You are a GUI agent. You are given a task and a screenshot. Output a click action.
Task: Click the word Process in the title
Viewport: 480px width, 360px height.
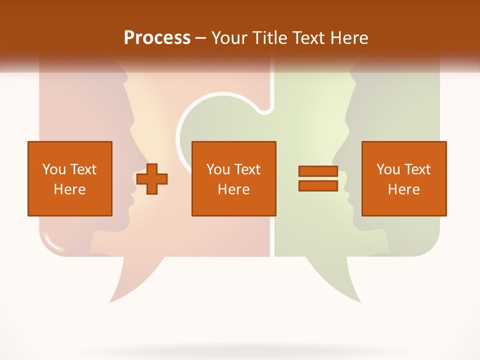157,38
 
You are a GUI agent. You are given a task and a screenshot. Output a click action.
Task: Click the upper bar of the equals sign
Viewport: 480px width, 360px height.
318,171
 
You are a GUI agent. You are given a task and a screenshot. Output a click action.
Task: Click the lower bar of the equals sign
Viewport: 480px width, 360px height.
318,186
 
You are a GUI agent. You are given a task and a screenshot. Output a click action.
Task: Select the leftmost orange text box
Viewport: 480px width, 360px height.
69,178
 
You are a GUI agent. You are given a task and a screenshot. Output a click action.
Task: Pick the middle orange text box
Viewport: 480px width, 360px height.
233,178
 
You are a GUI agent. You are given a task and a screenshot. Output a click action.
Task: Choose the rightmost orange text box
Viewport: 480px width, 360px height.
403,178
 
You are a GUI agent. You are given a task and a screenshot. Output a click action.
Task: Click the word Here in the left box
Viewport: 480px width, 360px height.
69,189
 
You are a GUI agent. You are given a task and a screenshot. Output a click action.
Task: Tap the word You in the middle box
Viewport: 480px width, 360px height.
218,169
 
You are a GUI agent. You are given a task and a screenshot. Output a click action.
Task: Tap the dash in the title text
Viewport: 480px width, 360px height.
200,38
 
